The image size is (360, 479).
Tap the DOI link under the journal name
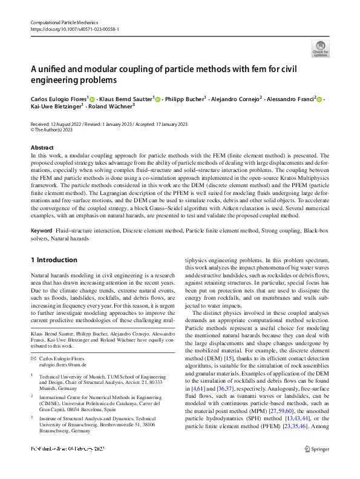pyautogui.click(x=74, y=28)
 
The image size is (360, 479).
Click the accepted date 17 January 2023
pyautogui.click(x=169, y=124)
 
